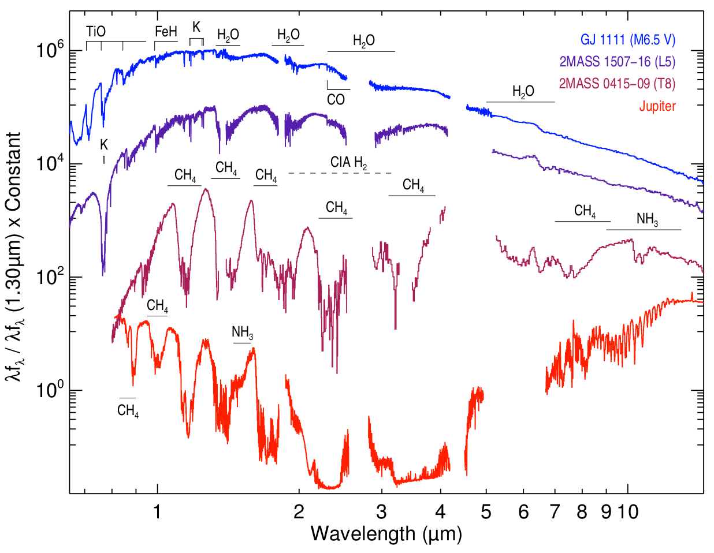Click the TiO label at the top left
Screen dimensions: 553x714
pos(96,31)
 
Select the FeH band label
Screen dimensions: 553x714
pos(166,32)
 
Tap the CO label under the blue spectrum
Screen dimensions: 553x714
pos(336,99)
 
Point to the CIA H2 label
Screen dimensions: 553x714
pos(349,162)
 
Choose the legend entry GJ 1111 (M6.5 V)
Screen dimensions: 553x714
pos(628,40)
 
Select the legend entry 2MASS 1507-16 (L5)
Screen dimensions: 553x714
pos(617,62)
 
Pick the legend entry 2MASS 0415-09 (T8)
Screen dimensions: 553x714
pos(617,84)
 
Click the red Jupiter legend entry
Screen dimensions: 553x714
pos(657,106)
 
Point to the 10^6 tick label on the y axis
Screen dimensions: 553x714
pos(50,51)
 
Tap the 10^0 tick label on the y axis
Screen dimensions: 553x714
pos(50,390)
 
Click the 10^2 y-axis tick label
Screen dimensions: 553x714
pos(50,277)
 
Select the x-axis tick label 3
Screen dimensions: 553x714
pos(381,511)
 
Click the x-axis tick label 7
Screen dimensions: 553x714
pos(555,511)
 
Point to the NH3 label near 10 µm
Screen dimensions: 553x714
pos(647,219)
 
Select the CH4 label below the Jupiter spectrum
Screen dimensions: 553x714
pos(128,411)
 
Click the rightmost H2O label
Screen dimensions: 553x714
pos(523,91)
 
